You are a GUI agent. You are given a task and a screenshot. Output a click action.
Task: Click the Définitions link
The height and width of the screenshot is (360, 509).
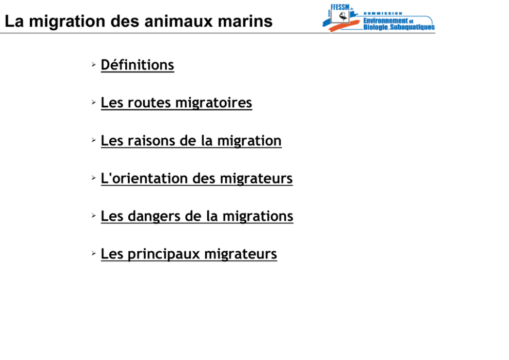(138, 65)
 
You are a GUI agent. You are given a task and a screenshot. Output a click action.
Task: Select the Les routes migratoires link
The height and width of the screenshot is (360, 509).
(177, 103)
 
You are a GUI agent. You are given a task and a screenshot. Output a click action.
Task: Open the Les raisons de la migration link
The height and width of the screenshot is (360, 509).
(191, 141)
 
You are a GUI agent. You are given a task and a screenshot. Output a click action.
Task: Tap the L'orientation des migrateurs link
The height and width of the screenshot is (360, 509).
(197, 178)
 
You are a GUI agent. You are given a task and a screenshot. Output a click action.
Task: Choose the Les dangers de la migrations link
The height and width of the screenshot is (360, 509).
(197, 216)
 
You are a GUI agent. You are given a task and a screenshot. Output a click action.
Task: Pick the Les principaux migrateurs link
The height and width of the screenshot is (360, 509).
(189, 254)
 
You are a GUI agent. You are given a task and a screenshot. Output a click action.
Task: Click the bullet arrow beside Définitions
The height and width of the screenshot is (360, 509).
(94, 65)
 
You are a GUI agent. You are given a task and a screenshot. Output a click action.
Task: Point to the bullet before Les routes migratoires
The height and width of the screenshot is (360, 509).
(94, 102)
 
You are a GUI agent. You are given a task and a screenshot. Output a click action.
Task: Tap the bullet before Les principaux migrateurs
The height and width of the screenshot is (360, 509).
(94, 253)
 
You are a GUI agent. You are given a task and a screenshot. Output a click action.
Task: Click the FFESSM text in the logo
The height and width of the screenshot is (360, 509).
(340, 7)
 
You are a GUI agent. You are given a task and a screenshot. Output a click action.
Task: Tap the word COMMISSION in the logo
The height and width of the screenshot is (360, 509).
(383, 13)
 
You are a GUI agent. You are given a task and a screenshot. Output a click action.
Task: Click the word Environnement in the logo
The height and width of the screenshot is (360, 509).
(385, 21)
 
